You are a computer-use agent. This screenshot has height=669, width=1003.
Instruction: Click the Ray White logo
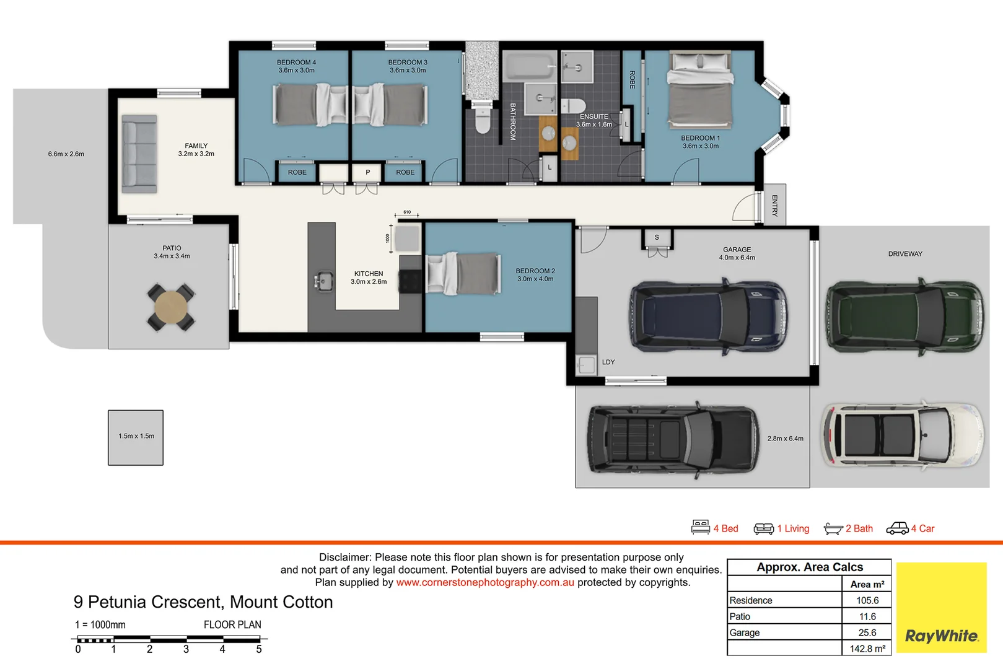click(941, 607)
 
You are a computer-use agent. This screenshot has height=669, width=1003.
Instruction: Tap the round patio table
click(170, 308)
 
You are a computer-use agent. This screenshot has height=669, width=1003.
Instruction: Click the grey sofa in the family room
click(139, 154)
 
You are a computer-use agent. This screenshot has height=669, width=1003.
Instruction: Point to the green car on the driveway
click(904, 317)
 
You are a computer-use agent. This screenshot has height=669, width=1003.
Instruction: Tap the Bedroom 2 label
click(535, 275)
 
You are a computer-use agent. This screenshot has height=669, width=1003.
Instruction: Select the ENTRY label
click(774, 206)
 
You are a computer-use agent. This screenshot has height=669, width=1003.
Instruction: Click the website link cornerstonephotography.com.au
click(485, 582)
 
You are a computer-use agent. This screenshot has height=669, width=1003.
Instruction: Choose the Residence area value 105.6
click(867, 600)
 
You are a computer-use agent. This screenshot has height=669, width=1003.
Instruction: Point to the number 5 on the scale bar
click(259, 649)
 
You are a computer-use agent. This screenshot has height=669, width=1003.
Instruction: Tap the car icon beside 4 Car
click(897, 528)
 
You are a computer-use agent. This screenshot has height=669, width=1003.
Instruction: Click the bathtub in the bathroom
click(530, 66)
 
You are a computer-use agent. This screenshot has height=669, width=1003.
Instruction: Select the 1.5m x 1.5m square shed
click(136, 437)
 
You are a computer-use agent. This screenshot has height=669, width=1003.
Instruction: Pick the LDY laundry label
click(608, 362)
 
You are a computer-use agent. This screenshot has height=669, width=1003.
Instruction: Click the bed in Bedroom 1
click(700, 90)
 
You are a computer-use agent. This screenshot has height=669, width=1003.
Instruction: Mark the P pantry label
click(367, 172)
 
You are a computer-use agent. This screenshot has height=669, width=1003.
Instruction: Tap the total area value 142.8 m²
click(867, 649)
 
